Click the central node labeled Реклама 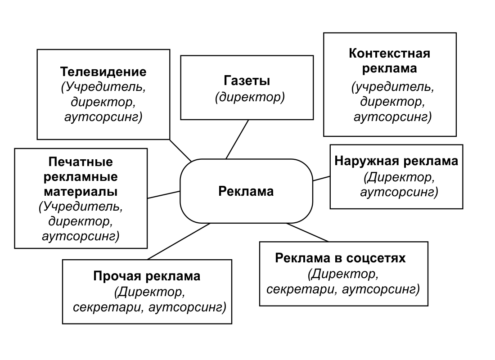(246, 191)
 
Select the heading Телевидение (103, 72)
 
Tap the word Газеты (247, 81)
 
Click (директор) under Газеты (250, 97)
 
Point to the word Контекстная (390, 53)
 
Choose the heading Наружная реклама (396, 161)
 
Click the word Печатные (81, 162)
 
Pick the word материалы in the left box (81, 191)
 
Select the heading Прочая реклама (147, 276)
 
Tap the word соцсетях (374, 258)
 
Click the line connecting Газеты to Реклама (238, 139)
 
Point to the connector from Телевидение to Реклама (180, 151)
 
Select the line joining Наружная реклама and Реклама (321, 178)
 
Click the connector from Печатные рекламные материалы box (164, 194)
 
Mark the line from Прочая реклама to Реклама (179, 241)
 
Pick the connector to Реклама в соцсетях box (307, 232)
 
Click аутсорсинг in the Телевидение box (103, 117)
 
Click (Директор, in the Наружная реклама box (399, 177)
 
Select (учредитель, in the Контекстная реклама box (393, 87)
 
